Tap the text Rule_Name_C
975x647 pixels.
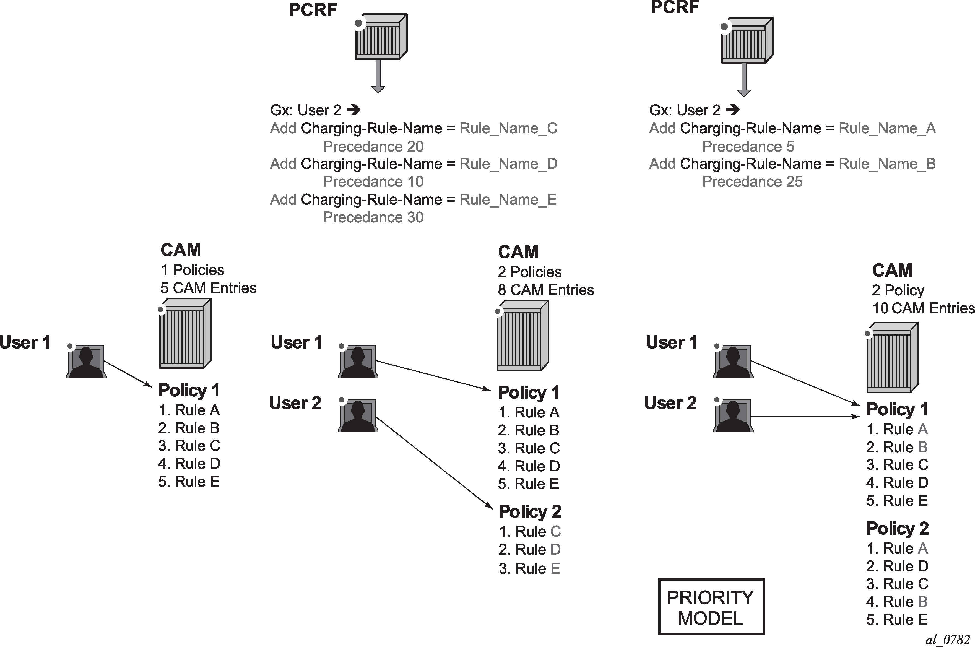(508, 129)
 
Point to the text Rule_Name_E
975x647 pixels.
(508, 200)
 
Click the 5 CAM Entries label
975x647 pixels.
(208, 288)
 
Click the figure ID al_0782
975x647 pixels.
(947, 640)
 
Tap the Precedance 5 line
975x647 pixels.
(748, 147)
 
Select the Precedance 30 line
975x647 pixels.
(373, 217)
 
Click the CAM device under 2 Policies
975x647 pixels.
(523, 336)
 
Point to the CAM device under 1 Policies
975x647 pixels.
(185, 333)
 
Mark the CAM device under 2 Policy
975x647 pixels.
(892, 357)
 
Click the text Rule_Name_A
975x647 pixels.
(887, 129)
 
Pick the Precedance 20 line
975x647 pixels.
(373, 147)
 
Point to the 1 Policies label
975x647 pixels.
(192, 270)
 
